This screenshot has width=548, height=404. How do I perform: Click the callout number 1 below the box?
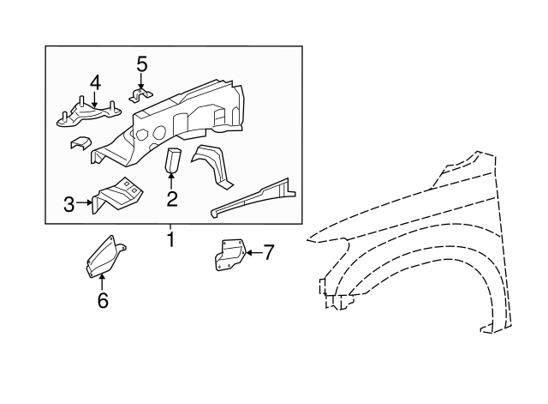171,240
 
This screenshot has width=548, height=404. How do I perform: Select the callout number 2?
172,199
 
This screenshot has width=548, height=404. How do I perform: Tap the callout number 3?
69,204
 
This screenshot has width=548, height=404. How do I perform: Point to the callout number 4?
95,83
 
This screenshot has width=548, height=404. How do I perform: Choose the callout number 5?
141,64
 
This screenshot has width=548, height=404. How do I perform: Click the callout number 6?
103,301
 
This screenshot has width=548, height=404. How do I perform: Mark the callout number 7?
268,252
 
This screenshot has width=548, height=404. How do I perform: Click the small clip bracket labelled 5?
141,95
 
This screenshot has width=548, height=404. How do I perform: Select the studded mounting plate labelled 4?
89,112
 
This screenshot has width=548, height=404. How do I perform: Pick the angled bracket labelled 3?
117,195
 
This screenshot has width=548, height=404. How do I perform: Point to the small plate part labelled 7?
230,255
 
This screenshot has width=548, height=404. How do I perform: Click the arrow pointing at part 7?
253,252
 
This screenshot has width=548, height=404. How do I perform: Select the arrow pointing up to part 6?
102,282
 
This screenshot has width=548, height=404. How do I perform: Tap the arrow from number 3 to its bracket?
84,202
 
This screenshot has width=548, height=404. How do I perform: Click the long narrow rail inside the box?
253,198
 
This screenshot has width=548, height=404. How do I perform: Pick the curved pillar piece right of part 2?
211,166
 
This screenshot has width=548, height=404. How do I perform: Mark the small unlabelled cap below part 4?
80,143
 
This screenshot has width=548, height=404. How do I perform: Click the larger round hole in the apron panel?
159,132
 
